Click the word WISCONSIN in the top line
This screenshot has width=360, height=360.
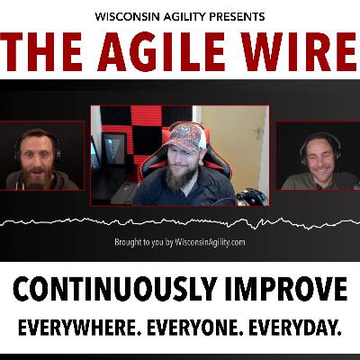click(x=127, y=16)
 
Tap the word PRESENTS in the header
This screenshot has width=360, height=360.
click(x=237, y=16)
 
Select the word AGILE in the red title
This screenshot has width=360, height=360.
click(x=162, y=51)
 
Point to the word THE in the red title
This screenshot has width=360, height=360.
click(x=41, y=51)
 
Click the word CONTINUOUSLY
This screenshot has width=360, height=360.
click(x=113, y=290)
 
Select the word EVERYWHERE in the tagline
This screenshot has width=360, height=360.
click(x=80, y=328)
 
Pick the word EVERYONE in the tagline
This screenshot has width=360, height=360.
click(x=195, y=328)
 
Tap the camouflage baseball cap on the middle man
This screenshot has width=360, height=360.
click(x=186, y=138)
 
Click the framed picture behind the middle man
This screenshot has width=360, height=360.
click(x=113, y=149)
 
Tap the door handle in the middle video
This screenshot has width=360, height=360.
click(x=256, y=132)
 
